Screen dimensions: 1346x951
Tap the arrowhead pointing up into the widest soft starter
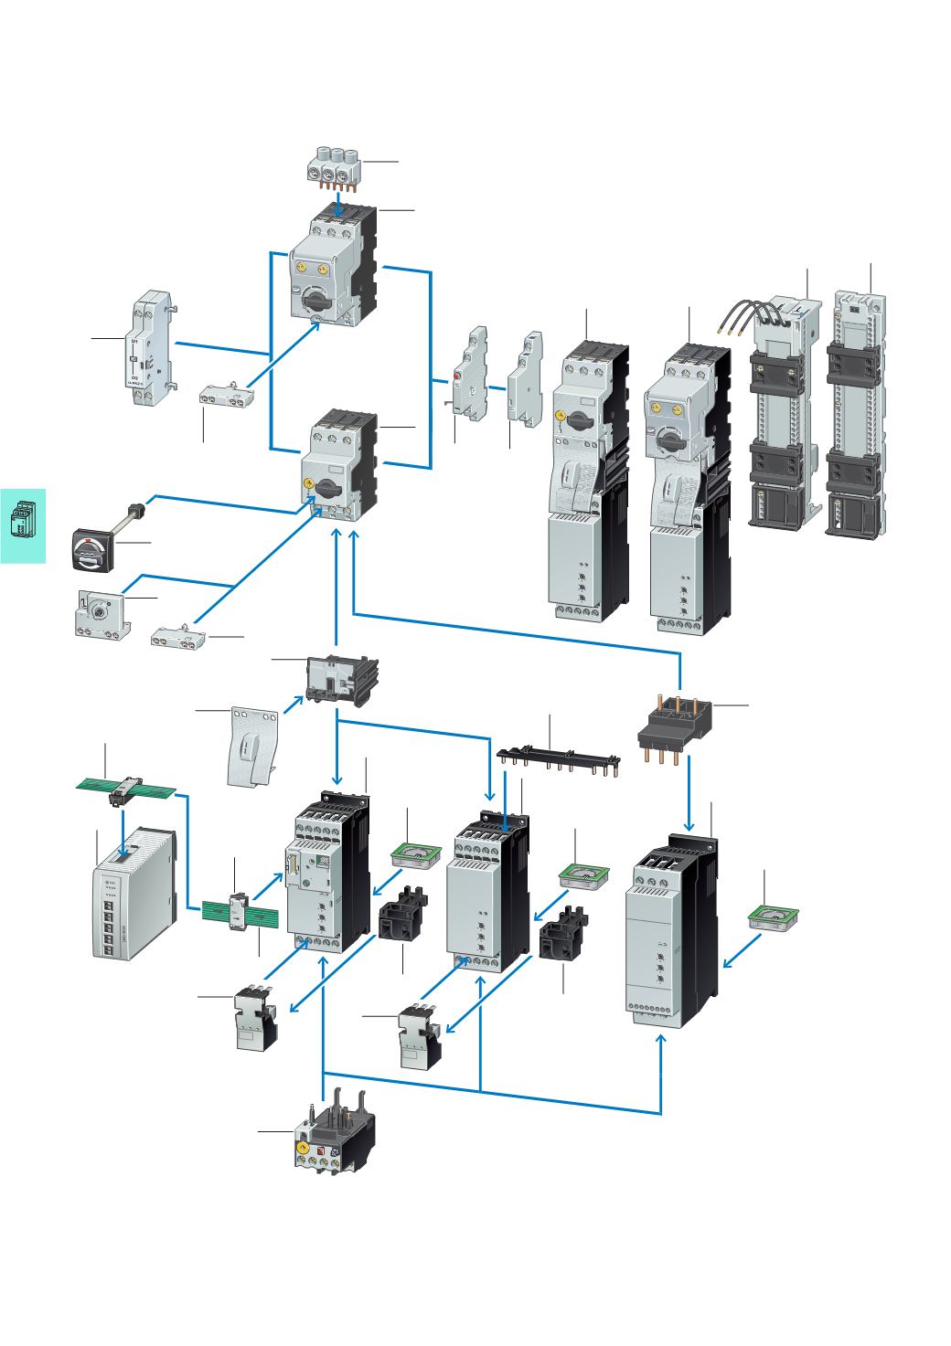[663, 1042]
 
